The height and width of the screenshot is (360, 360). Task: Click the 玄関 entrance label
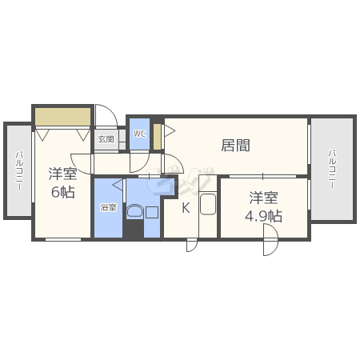click(x=106, y=139)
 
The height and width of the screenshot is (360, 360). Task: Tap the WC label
click(x=139, y=134)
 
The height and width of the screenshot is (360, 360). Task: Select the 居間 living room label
click(x=235, y=146)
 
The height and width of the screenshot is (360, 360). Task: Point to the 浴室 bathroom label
click(x=108, y=207)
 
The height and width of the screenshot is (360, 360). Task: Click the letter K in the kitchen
click(x=186, y=208)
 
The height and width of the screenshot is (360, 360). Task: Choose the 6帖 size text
click(x=62, y=192)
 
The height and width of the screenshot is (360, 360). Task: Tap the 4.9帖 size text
click(x=263, y=216)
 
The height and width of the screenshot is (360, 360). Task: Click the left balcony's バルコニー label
click(x=19, y=170)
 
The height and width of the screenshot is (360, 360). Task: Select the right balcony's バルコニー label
click(x=332, y=170)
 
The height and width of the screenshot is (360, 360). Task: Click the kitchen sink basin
click(x=208, y=204)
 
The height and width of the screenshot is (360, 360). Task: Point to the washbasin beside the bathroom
click(x=135, y=212)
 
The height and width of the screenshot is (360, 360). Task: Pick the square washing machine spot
click(x=152, y=213)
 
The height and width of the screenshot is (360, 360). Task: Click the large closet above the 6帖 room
click(x=62, y=117)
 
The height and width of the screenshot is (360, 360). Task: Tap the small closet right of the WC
click(x=158, y=137)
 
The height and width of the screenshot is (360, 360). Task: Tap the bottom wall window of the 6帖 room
click(x=63, y=239)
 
